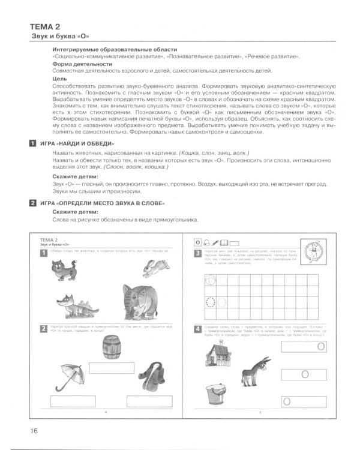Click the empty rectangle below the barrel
point(109,368)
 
